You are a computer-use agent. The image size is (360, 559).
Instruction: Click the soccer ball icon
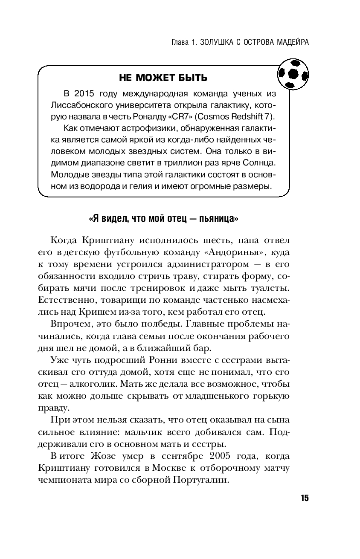click(293, 74)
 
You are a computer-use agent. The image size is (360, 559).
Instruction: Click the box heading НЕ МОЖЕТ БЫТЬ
click(163, 78)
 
